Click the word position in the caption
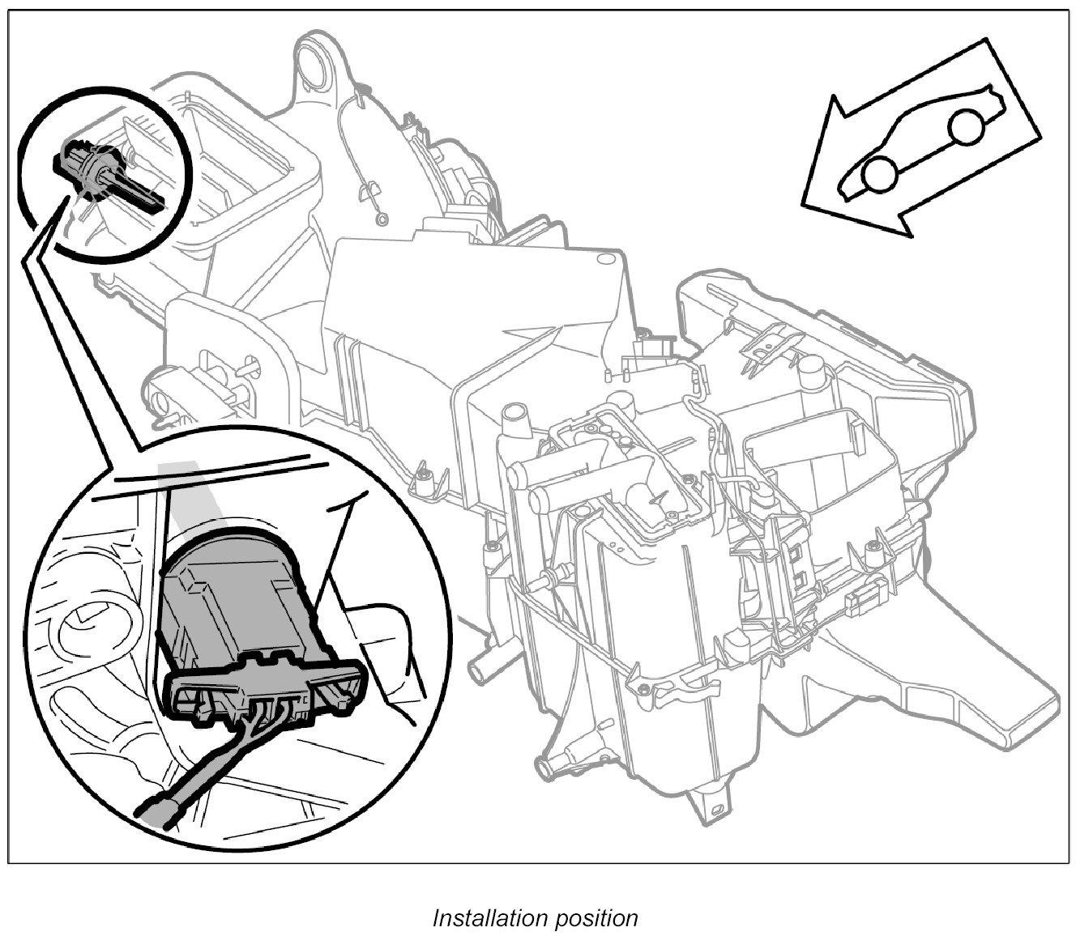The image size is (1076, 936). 597,918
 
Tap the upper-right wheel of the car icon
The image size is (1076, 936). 965,126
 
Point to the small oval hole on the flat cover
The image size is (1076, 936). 604,260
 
